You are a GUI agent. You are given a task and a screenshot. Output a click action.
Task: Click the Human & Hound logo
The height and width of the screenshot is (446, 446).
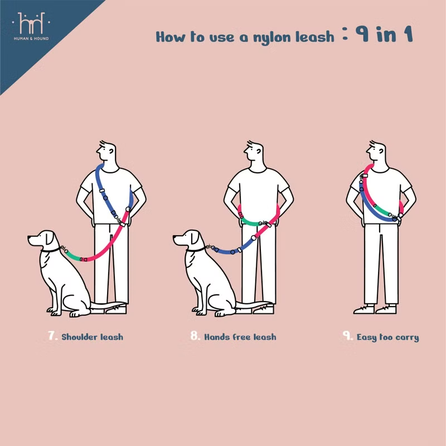click(31, 26)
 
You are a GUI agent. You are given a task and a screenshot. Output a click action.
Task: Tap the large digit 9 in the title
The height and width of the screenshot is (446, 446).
click(362, 34)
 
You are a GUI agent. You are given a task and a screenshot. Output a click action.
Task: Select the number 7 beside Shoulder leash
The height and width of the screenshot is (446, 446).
click(52, 336)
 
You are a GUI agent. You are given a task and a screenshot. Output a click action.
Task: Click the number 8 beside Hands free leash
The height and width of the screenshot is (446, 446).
click(195, 336)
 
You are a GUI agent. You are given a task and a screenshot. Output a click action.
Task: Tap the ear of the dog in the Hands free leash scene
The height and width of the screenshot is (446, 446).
click(195, 237)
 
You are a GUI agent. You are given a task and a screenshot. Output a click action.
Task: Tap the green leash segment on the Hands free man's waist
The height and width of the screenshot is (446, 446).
click(250, 222)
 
